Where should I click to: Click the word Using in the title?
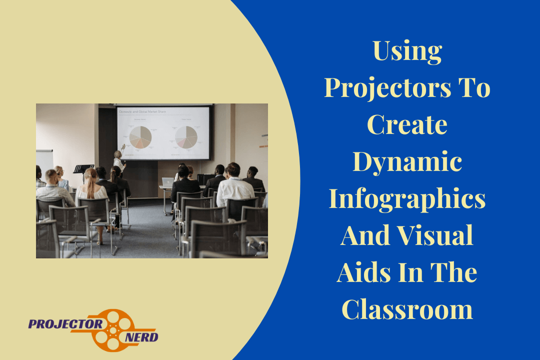click(407, 52)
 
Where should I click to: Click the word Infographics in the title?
click(407, 198)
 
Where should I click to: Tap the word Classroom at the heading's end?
click(407, 309)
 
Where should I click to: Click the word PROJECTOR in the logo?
click(65, 323)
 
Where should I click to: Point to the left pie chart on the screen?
click(140, 136)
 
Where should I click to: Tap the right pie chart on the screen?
click(185, 136)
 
